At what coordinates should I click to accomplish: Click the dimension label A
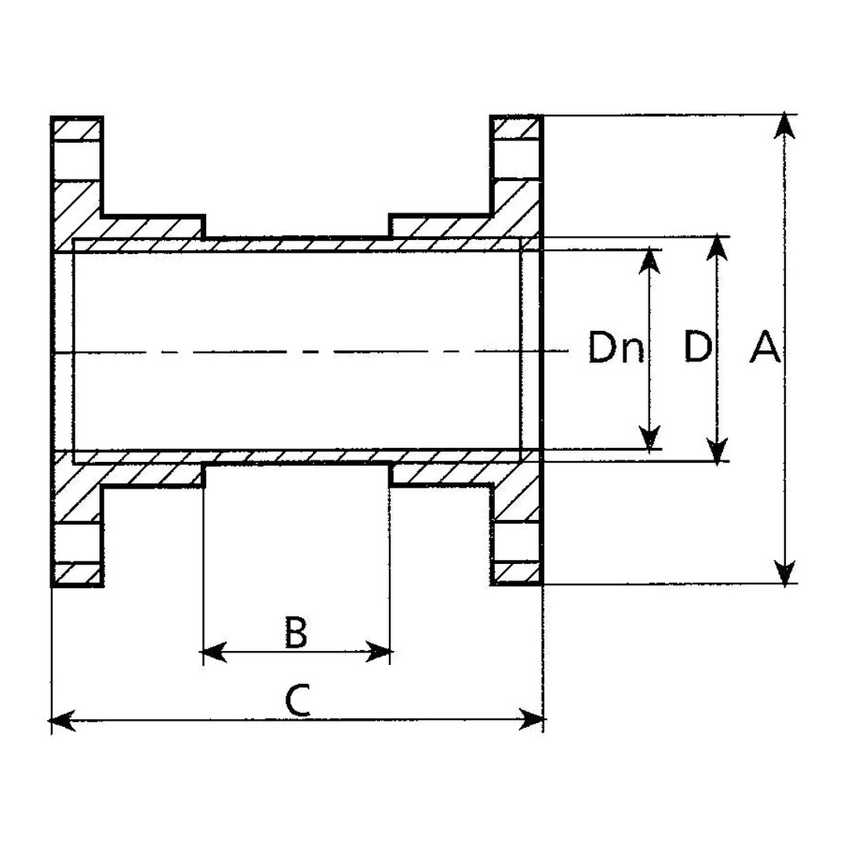pos(765,347)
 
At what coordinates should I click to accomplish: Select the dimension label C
pos(296,700)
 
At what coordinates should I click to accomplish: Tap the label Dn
pos(616,348)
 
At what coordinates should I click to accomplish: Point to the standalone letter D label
pos(697,347)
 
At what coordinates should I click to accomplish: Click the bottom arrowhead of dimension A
pos(785,572)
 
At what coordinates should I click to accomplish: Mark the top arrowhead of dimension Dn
pos(649,261)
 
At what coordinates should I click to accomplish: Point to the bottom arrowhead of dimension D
pos(716,450)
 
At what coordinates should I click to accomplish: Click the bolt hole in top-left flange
pos(78,161)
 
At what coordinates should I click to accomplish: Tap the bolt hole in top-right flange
pos(517,160)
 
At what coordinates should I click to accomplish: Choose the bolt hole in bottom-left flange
pos(78,542)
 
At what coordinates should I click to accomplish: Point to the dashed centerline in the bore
pos(314,352)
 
